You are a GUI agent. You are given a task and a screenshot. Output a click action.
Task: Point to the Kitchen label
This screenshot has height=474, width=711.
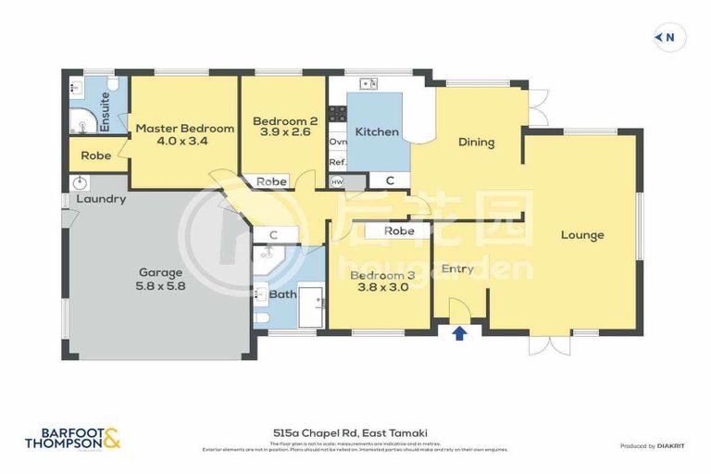coord(377,132)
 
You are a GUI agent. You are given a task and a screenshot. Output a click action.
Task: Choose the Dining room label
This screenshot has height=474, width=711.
coord(476,143)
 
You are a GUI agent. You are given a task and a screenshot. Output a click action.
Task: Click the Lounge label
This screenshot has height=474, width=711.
coord(582,235)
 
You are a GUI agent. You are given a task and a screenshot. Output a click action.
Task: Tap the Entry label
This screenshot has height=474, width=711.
coord(457,269)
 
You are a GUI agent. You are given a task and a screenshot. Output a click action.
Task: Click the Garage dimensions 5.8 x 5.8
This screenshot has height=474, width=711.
coord(161,286)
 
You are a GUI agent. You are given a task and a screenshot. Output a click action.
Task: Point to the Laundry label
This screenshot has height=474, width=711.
coord(101,199)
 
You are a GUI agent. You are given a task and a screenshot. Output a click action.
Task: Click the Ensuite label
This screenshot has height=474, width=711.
coord(106,110)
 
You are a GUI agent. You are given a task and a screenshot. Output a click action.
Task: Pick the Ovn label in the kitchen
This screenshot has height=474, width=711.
coord(338,143)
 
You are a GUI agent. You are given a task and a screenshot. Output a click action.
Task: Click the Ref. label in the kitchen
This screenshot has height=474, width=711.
coord(338,163)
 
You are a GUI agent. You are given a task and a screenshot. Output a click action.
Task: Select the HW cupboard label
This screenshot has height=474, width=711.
coord(337,181)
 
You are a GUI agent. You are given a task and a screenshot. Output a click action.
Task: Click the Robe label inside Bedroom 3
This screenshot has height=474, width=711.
coord(398,231)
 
